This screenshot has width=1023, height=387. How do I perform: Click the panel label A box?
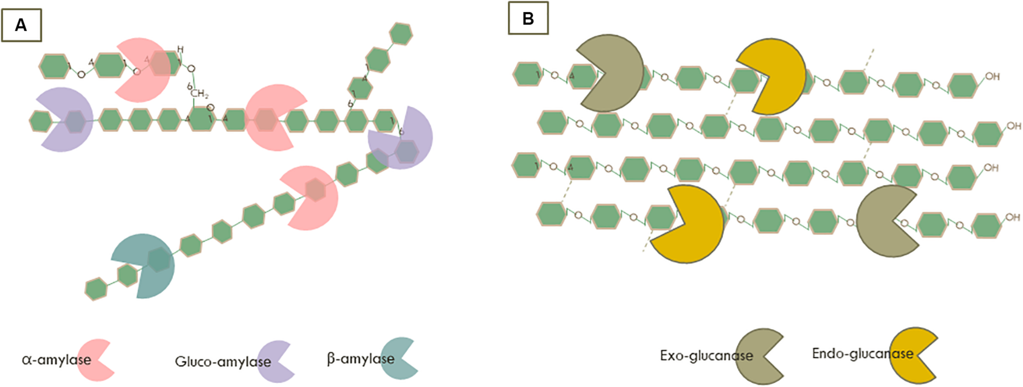(x=21, y=25)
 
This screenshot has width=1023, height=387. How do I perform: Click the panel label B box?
(x=528, y=18)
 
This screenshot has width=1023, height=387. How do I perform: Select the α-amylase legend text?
(x=56, y=360)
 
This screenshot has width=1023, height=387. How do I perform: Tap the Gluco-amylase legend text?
(x=223, y=362)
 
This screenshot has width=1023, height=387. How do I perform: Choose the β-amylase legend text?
(x=361, y=359)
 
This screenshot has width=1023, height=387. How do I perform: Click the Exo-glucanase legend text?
(x=706, y=355)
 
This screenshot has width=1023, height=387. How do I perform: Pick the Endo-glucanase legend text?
(x=863, y=353)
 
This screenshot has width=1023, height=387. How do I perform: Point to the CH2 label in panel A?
(x=199, y=94)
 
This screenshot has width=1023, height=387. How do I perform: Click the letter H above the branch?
(x=180, y=50)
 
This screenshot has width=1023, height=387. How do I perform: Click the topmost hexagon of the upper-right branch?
(x=401, y=34)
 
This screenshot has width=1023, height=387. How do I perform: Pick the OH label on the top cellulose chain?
(x=992, y=77)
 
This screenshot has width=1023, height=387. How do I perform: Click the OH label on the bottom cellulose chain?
(x=1013, y=217)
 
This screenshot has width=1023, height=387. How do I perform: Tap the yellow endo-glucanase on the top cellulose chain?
(x=773, y=77)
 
